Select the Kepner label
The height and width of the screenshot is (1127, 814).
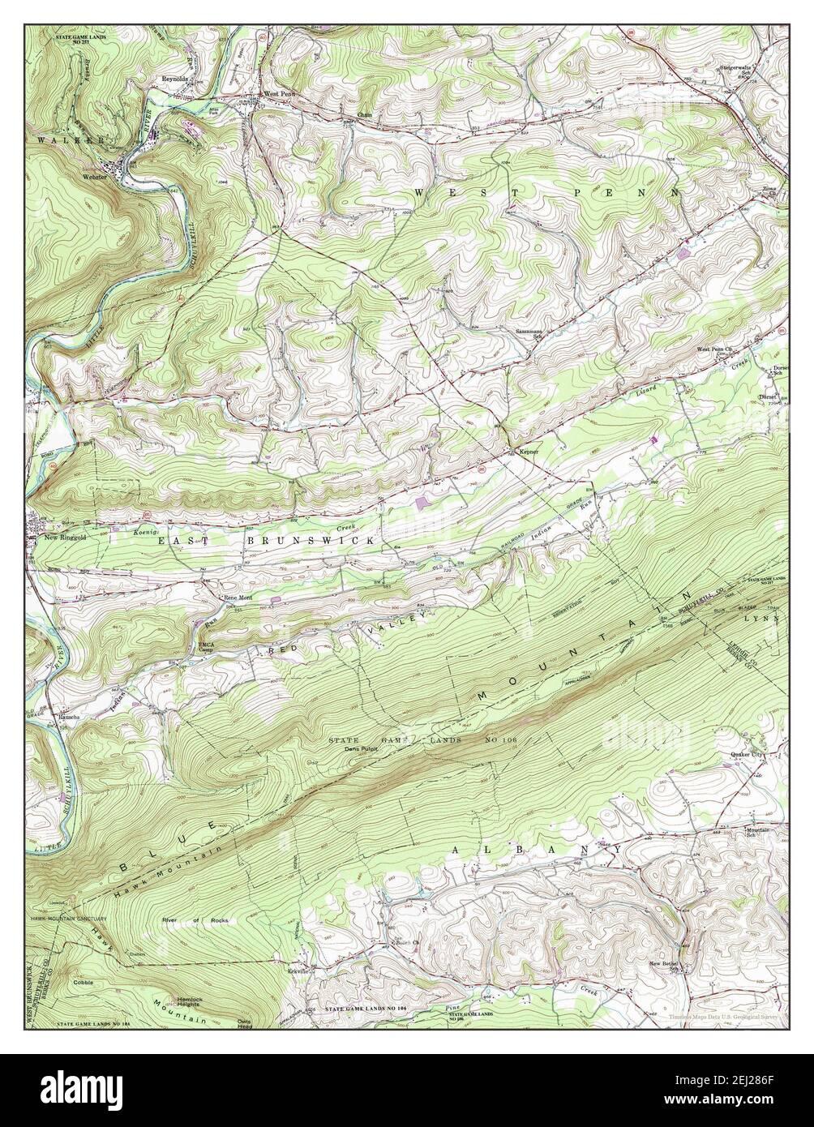click(525, 451)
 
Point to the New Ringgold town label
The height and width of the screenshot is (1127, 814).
click(64, 537)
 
